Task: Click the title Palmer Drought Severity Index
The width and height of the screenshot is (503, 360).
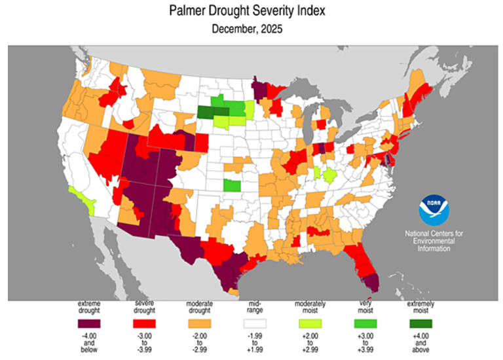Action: point(251,11)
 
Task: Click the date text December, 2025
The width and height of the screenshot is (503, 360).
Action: point(251,29)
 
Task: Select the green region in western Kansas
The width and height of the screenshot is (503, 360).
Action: point(231,185)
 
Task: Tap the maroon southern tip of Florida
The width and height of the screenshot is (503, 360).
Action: point(371,283)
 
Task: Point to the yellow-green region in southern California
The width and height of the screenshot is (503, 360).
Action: point(83,198)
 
